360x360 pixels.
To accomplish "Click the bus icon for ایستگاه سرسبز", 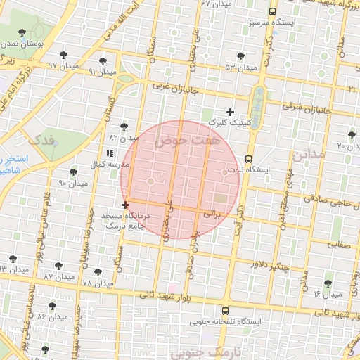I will click(x=272, y=11).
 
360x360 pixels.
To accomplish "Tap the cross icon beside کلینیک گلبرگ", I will click(x=230, y=112).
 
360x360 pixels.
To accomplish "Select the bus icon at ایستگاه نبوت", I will click(x=248, y=159).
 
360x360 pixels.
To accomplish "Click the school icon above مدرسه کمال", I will click(x=109, y=153).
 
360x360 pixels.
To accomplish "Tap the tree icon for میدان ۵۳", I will click(x=240, y=56).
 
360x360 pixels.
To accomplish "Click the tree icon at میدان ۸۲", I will click(x=124, y=127).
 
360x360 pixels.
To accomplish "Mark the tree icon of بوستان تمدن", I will click(x=24, y=32).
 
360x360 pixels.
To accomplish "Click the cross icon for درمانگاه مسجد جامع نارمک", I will click(x=125, y=205).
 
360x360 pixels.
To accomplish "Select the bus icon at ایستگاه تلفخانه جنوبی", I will click(x=224, y=310).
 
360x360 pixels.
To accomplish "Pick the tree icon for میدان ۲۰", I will click(x=351, y=134).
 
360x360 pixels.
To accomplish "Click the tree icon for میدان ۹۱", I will click(x=103, y=60).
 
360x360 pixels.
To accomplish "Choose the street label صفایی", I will click(x=339, y=245).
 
